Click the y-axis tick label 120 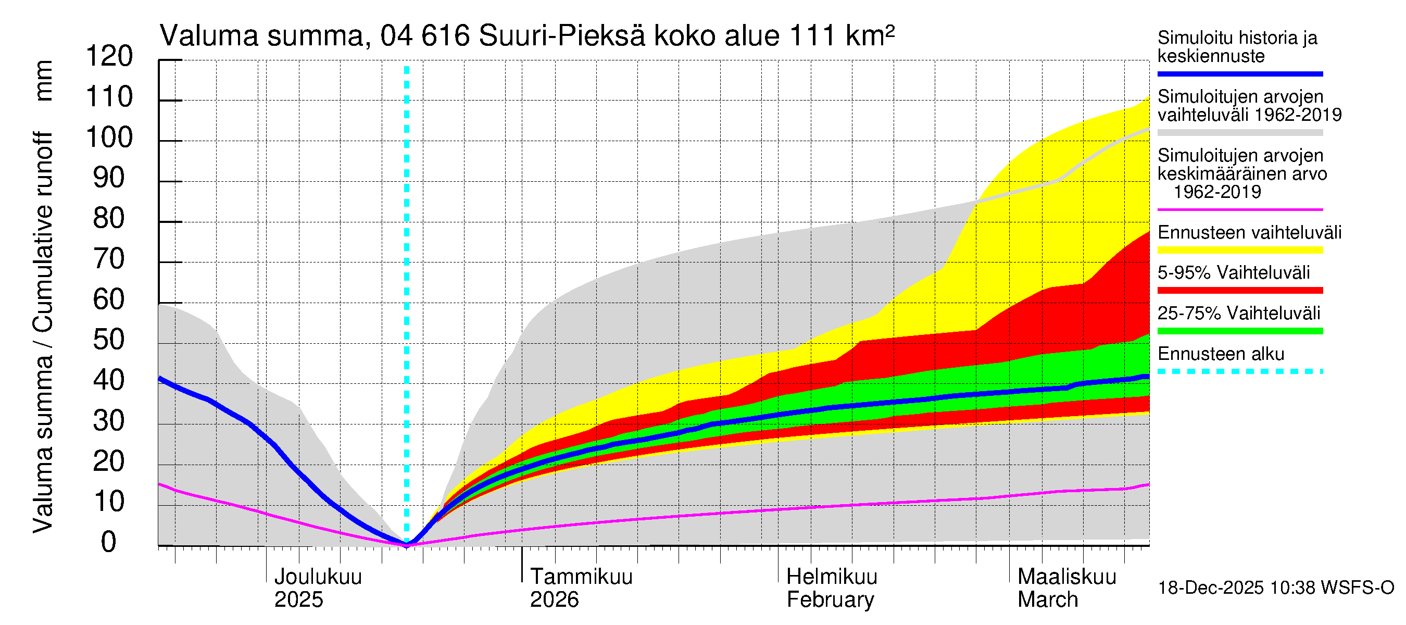(x=109, y=56)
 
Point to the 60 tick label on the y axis (x=109, y=299)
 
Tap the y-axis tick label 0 (x=109, y=542)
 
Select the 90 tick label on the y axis (x=109, y=178)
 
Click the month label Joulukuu (x=318, y=577)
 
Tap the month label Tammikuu (x=581, y=577)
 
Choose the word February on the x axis (x=830, y=600)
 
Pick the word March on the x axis (x=1048, y=600)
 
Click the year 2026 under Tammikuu (x=554, y=600)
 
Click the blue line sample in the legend (x=1240, y=73)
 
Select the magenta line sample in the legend (x=1240, y=209)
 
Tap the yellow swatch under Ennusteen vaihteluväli (x=1240, y=250)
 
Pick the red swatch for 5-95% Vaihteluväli (x=1240, y=291)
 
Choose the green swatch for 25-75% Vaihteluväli (x=1240, y=331)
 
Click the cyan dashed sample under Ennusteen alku (x=1240, y=371)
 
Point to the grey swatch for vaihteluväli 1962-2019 (x=1240, y=133)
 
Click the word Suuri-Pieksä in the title (x=562, y=36)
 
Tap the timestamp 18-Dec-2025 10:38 (x=1211, y=588)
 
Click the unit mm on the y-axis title (x=44, y=81)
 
